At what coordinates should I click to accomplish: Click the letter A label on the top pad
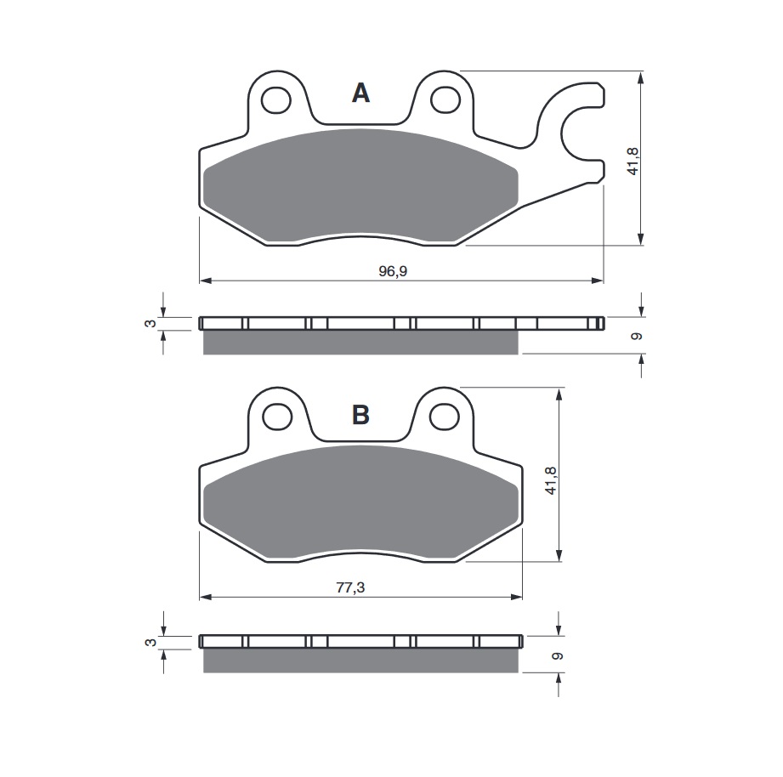[360, 93]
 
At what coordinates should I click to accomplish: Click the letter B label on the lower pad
[360, 415]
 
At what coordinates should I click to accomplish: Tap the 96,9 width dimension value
[393, 271]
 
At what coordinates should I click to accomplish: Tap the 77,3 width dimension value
[350, 587]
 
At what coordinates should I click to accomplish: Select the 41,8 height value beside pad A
[633, 161]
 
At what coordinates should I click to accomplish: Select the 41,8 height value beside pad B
[551, 480]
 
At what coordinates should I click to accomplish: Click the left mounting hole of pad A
[275, 100]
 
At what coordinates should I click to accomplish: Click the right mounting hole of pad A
[445, 99]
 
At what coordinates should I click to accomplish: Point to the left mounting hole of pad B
[277, 417]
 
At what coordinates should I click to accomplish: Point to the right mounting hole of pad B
[444, 417]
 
